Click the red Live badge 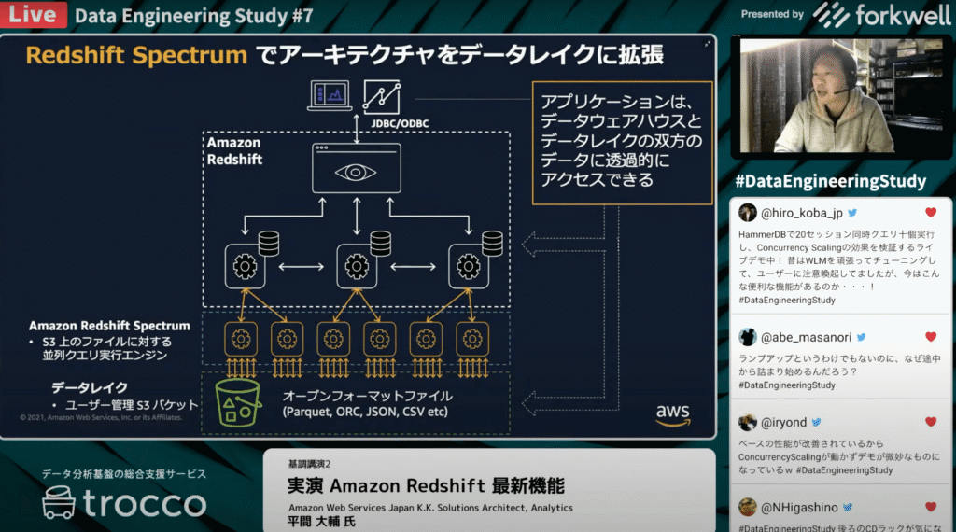pos(33,15)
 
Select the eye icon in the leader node pos(356,172)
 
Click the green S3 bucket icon pos(238,402)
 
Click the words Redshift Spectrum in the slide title pos(135,55)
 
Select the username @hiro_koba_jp pos(802,213)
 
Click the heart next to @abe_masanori pos(930,337)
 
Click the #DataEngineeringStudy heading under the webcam pos(830,181)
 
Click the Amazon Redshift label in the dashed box pos(233,151)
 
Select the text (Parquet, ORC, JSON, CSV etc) pos(365,412)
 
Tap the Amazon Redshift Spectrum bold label pos(109,326)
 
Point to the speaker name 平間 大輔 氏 pos(322,521)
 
